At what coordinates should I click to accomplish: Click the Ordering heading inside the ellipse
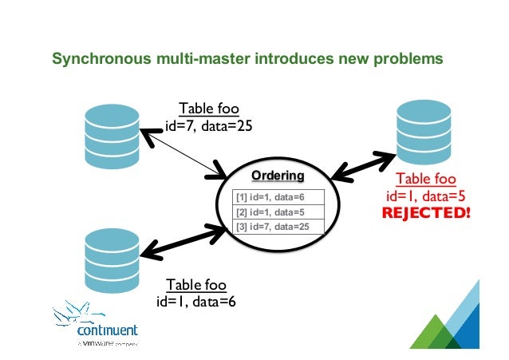278,176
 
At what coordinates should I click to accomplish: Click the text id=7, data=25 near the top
209,125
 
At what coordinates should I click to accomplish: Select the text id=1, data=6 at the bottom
196,302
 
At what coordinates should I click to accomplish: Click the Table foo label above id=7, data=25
209,109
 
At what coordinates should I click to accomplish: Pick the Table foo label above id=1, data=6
196,285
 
